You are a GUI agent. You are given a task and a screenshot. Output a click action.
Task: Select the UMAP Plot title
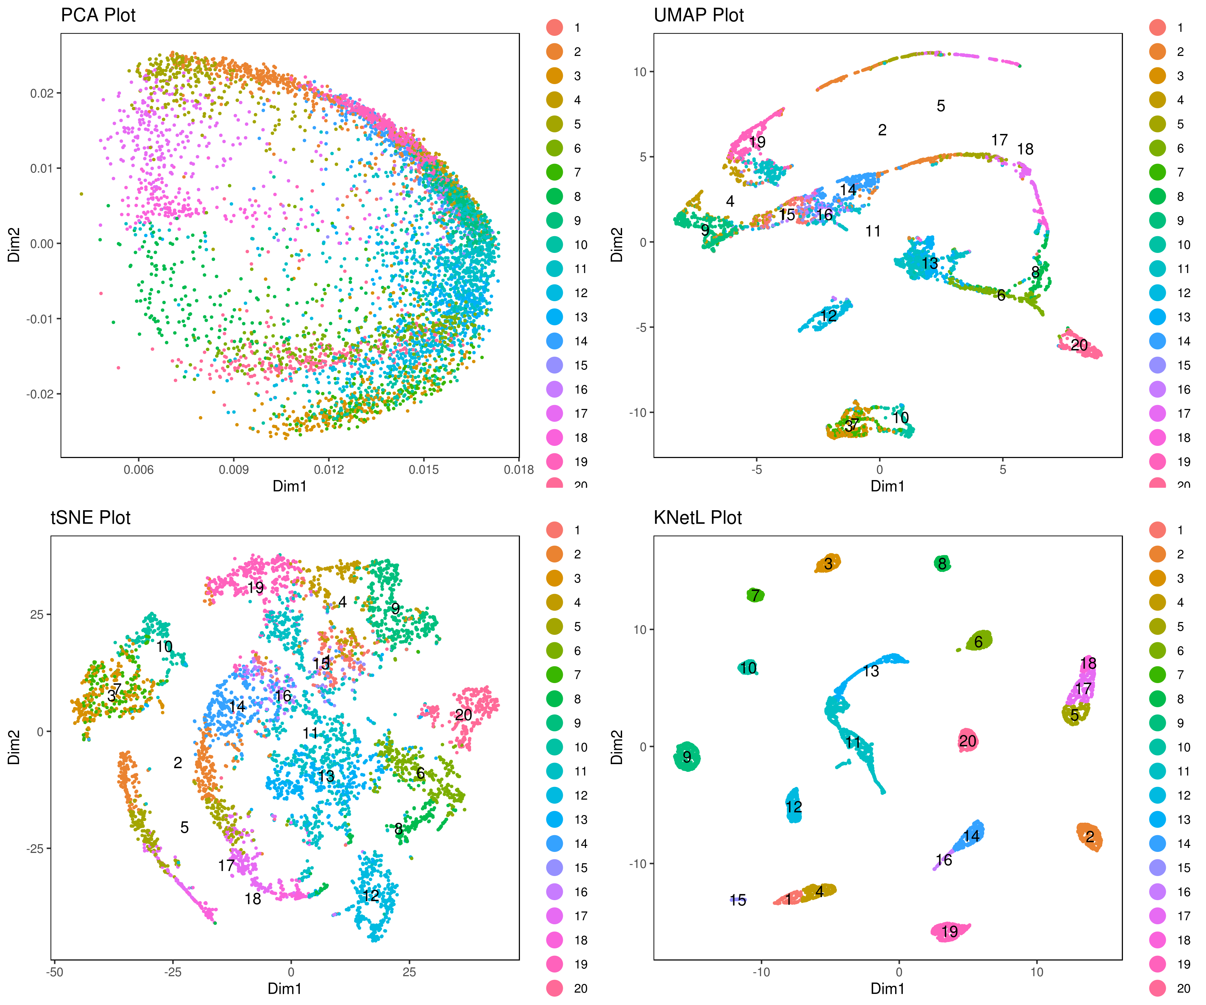[x=698, y=15]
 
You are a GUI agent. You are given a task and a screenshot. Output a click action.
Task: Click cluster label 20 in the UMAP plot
[x=1079, y=345]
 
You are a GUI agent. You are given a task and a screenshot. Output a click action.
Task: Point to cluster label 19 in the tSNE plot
[x=256, y=588]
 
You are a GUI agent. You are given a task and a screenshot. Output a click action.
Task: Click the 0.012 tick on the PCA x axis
[x=329, y=470]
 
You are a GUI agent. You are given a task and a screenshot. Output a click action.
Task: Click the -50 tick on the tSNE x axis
[x=55, y=972]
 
